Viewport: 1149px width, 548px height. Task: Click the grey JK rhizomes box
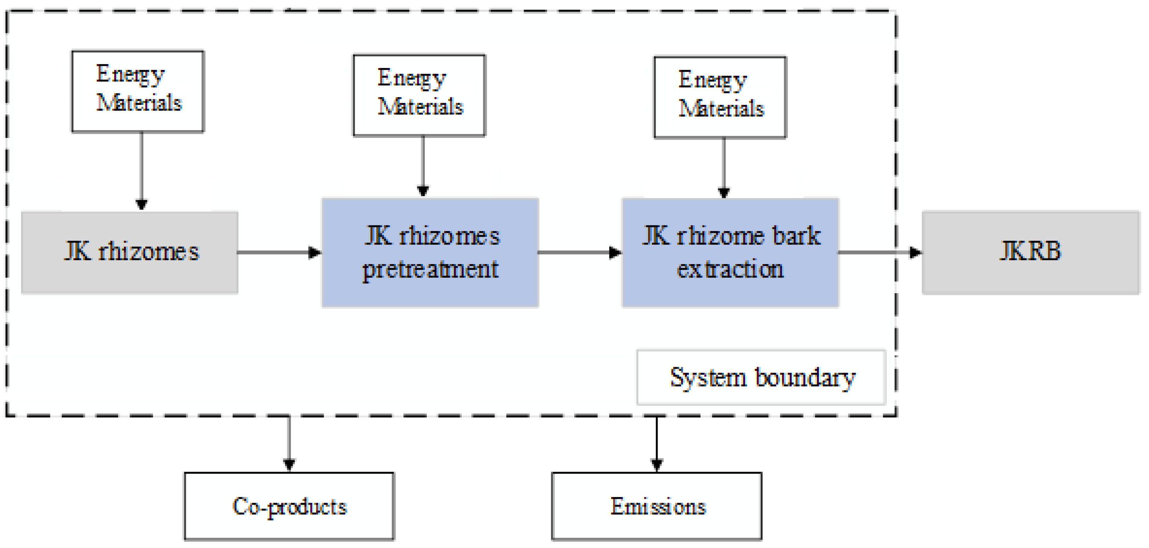click(129, 252)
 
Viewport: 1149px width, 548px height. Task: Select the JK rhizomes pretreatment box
click(430, 252)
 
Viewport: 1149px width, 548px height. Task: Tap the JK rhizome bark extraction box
click(730, 252)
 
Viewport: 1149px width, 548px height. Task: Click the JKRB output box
click(1030, 252)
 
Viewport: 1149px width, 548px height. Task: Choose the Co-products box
click(289, 507)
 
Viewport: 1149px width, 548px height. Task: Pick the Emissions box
click(657, 507)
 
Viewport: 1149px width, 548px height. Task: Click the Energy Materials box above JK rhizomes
click(138, 91)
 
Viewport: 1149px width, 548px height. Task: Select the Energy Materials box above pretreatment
click(419, 95)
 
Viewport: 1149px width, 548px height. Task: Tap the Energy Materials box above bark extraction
click(720, 97)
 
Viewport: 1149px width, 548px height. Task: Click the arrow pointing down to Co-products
click(289, 444)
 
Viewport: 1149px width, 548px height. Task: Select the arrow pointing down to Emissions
click(657, 444)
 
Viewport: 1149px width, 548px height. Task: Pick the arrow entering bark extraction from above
click(724, 168)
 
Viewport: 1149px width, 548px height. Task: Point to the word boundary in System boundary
click(805, 377)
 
